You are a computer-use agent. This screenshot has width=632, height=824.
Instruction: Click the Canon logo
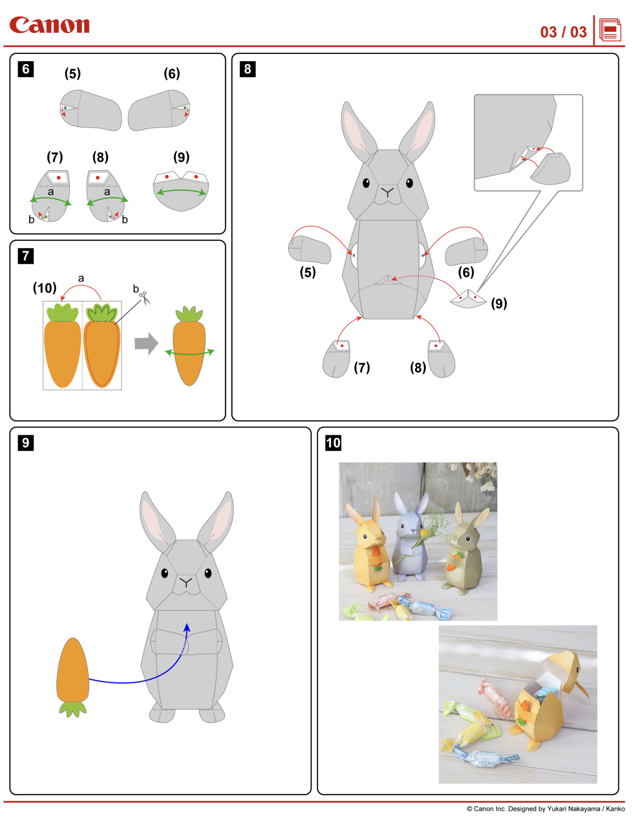[49, 25]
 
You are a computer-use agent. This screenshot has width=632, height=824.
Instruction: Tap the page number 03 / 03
[563, 32]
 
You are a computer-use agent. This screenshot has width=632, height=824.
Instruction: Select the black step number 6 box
[26, 69]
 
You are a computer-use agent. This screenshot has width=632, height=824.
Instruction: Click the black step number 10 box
[333, 443]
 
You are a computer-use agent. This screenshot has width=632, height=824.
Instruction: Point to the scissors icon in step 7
[145, 298]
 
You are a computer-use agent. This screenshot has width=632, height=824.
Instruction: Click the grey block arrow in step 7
[146, 344]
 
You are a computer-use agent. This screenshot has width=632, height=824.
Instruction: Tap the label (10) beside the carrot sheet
[45, 288]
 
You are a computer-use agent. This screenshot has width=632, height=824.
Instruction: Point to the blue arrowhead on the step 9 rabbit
[187, 628]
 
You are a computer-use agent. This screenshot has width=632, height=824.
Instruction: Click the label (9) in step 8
[499, 304]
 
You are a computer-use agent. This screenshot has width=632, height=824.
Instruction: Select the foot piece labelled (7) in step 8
[336, 359]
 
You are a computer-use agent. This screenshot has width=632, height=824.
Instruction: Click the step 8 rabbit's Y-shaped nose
[387, 191]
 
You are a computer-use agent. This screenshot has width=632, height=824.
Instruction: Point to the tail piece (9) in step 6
[181, 191]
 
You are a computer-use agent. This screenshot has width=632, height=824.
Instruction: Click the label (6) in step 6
[172, 73]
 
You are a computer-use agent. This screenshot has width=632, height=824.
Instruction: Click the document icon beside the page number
[609, 30]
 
